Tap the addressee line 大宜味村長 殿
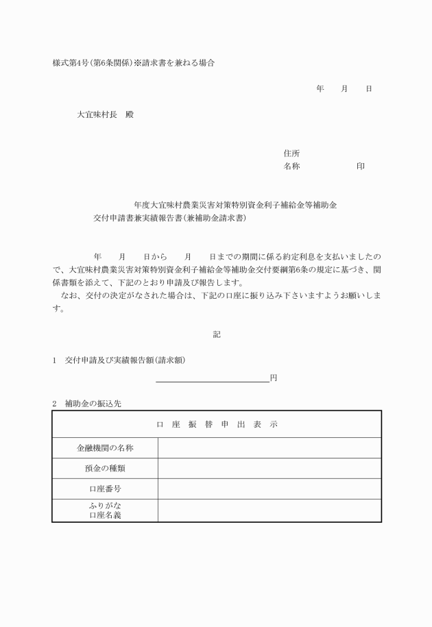coord(105,115)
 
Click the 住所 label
coord(291,153)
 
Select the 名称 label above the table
coord(291,167)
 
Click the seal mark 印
coord(361,167)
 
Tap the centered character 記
coord(217,334)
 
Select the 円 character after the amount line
coord(274,377)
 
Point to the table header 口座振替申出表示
coord(217,425)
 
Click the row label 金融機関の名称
coord(105,448)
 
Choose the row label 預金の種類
coord(105,469)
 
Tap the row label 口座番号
coord(105,489)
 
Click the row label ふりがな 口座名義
coord(105,511)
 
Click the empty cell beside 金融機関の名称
coord(269,448)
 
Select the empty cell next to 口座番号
coord(269,489)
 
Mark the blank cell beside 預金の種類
coord(269,469)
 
